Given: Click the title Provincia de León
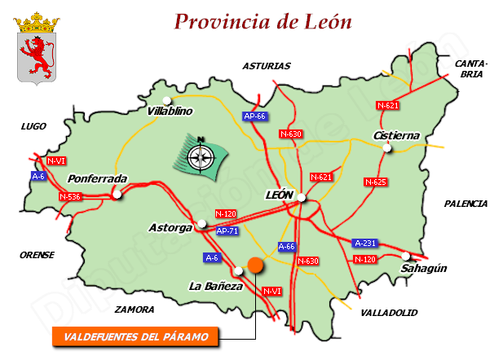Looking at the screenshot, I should tap(263, 21).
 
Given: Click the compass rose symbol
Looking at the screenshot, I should tap(198, 154).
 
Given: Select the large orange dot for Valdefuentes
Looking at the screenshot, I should tap(255, 265).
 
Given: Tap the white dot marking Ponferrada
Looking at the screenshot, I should tap(118, 194).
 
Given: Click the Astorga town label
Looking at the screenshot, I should tap(170, 227).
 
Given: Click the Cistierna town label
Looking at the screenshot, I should tap(395, 135).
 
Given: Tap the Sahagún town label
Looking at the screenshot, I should tap(425, 268).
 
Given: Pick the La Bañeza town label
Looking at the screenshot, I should tap(215, 286).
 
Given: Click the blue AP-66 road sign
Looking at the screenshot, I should tap(255, 116).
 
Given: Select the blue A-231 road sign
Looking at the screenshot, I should tap(366, 243).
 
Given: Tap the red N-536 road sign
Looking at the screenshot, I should tap(70, 196).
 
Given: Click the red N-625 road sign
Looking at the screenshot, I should tap(375, 182).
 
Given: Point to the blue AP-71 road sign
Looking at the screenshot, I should tap(227, 231).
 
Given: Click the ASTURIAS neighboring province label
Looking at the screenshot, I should tap(267, 66).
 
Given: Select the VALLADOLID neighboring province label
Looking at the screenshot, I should tap(389, 312).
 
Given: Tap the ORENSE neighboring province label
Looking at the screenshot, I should tap(37, 255).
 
